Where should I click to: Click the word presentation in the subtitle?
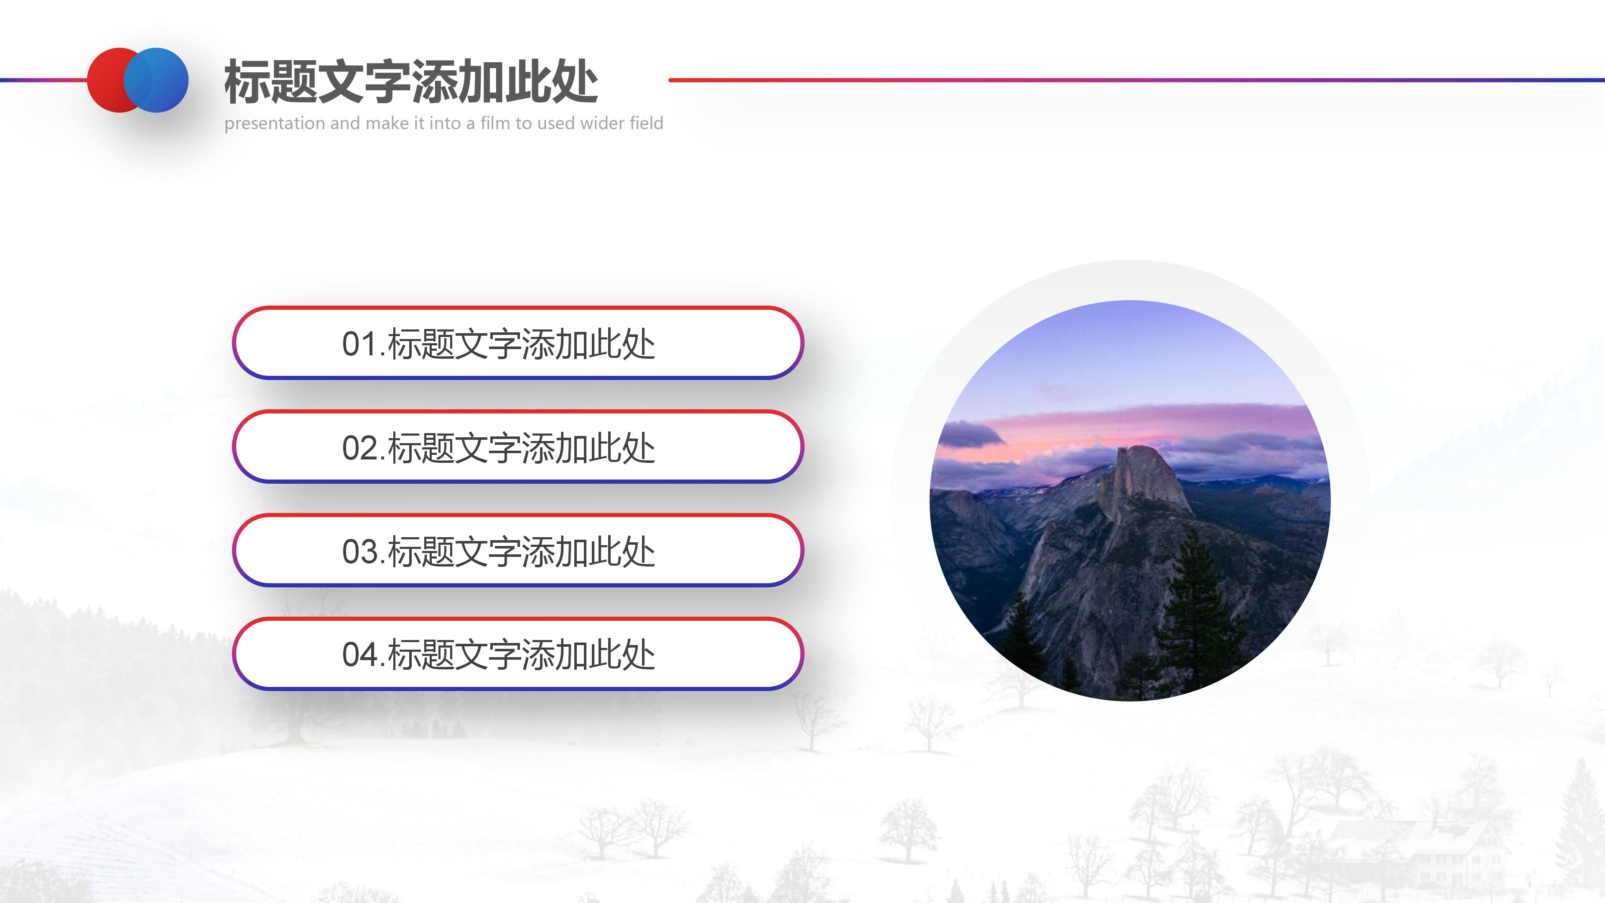275,123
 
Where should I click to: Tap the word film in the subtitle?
495,123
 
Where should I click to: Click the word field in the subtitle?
647,123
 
